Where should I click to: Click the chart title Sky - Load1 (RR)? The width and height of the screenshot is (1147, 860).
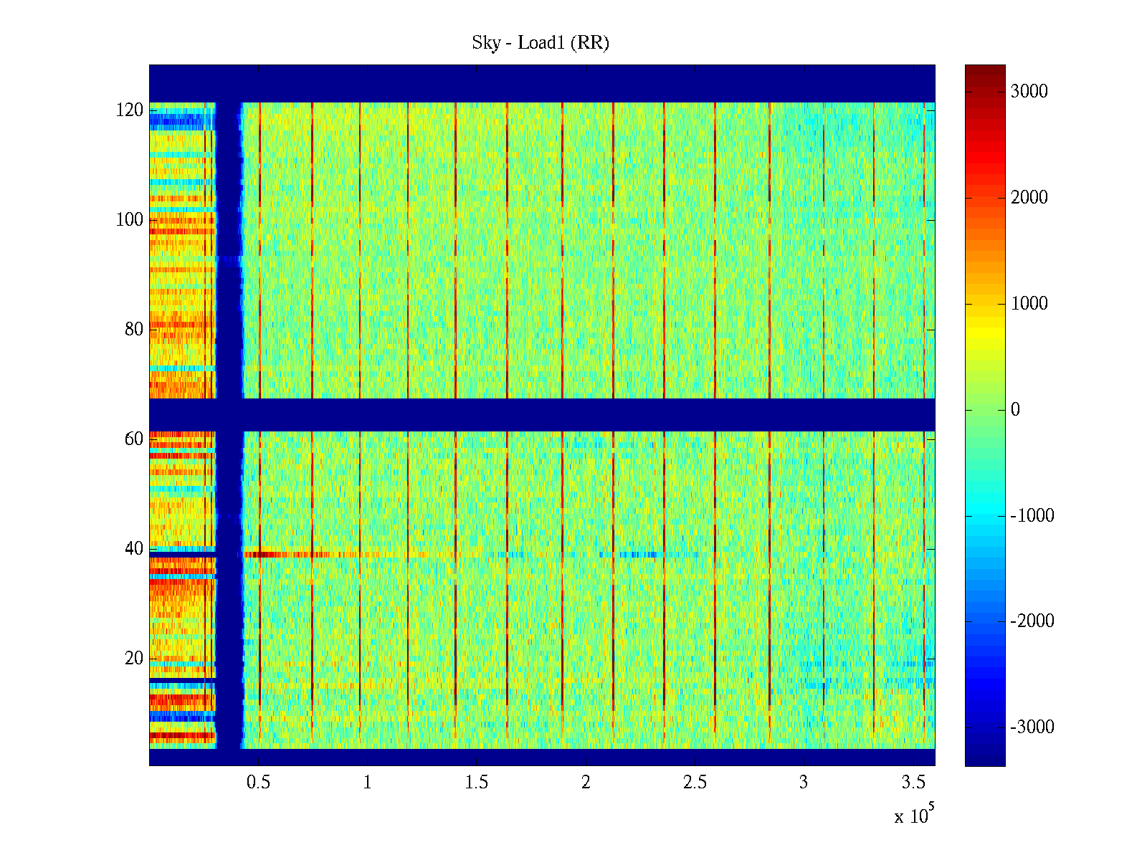click(x=541, y=43)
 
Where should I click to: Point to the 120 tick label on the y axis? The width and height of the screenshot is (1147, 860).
click(x=130, y=110)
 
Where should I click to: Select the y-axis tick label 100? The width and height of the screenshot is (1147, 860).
click(x=130, y=220)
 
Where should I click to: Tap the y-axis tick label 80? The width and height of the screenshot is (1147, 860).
click(x=134, y=330)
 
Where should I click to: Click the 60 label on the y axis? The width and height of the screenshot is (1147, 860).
click(x=134, y=439)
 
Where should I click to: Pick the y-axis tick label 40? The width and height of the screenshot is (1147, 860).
click(x=134, y=549)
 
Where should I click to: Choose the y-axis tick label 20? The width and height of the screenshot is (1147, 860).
click(x=134, y=659)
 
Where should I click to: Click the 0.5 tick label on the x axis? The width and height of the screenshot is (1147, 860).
click(x=258, y=783)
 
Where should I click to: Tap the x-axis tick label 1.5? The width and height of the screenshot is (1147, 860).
click(x=477, y=783)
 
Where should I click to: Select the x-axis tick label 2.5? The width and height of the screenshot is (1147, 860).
click(x=695, y=783)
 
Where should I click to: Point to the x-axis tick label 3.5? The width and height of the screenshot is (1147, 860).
click(x=913, y=783)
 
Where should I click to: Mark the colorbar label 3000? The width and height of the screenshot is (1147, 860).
click(x=1029, y=92)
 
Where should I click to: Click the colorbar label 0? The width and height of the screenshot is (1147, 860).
click(x=1015, y=410)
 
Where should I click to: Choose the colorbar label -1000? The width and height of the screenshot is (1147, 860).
click(x=1032, y=516)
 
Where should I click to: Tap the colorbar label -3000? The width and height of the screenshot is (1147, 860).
click(x=1032, y=727)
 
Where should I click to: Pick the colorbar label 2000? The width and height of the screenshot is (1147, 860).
click(x=1029, y=198)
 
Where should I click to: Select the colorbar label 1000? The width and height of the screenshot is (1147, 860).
click(x=1029, y=304)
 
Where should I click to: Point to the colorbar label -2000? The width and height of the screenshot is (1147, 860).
click(x=1032, y=621)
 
